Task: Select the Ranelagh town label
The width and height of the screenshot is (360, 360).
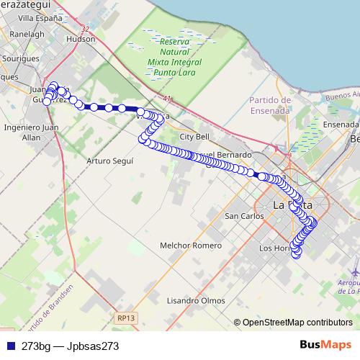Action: point(27,33)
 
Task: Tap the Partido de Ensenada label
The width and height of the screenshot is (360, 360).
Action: point(270,105)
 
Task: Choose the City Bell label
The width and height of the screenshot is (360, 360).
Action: point(194,136)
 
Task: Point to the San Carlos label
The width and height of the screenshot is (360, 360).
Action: point(244,216)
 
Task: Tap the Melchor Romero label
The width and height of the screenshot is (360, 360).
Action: point(191,246)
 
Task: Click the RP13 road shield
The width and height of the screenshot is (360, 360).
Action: point(125,315)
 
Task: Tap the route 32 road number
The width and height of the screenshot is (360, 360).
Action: point(85,29)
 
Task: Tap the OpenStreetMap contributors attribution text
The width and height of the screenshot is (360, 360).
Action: point(297,323)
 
